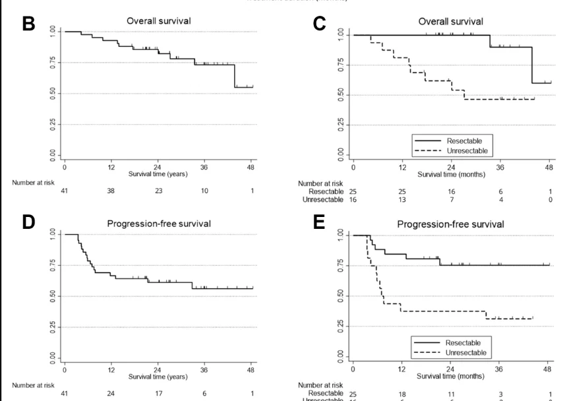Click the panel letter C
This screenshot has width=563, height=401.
[319, 24]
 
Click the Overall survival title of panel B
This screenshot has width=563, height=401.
[159, 21]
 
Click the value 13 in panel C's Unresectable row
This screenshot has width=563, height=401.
[402, 200]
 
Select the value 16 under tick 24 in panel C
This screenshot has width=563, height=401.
[451, 191]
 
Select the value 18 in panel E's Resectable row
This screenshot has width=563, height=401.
[402, 393]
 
